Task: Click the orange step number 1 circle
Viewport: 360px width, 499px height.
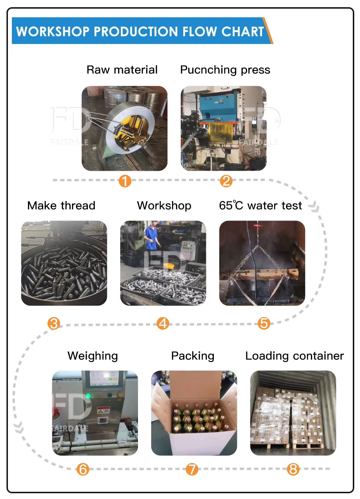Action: coord(125,181)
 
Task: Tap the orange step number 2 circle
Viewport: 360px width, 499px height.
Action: coord(226,181)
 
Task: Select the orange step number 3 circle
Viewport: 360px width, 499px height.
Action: coord(54,323)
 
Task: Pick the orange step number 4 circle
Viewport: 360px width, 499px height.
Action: coord(163,323)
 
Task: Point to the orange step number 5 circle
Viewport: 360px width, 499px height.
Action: coord(264,323)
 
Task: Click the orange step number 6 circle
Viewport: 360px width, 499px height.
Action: coord(83,469)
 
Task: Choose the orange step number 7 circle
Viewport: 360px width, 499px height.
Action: coord(192,469)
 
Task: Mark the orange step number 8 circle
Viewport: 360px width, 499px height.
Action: coord(293,469)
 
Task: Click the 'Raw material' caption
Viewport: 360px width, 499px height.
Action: coord(122,70)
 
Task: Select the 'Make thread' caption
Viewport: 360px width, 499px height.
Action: coord(61,205)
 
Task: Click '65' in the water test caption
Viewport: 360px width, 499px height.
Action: coord(226,205)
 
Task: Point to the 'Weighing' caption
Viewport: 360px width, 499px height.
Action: coord(93,356)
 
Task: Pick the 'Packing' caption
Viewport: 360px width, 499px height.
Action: coord(193,356)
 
